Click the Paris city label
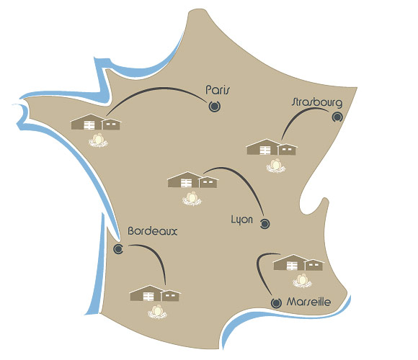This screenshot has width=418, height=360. click(x=217, y=90)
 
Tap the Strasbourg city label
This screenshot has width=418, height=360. click(x=316, y=102)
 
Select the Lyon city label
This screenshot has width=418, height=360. click(x=241, y=220)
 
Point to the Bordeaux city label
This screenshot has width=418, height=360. click(x=153, y=231)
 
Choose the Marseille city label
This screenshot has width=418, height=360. click(x=308, y=302)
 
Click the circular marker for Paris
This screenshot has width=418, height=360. click(x=214, y=107)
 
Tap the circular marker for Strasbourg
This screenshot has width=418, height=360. click(x=337, y=117)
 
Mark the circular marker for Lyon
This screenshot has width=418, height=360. click(x=264, y=224)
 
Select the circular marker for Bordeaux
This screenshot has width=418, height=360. click(x=118, y=249)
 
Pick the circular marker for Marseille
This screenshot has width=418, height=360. click(x=276, y=302)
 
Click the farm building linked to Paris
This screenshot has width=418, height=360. click(x=95, y=122)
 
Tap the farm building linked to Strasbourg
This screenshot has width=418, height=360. click(x=272, y=147)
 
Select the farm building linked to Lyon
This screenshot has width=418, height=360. click(x=192, y=180)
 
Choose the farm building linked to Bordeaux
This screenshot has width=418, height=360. click(x=155, y=293)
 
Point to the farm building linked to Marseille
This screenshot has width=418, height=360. click(x=298, y=263)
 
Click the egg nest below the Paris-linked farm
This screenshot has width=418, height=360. click(x=98, y=140)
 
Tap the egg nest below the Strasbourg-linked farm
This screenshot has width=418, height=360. click(x=275, y=166)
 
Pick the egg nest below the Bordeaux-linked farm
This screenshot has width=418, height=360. click(x=157, y=312)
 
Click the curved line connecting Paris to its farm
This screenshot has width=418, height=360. click(x=157, y=88)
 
